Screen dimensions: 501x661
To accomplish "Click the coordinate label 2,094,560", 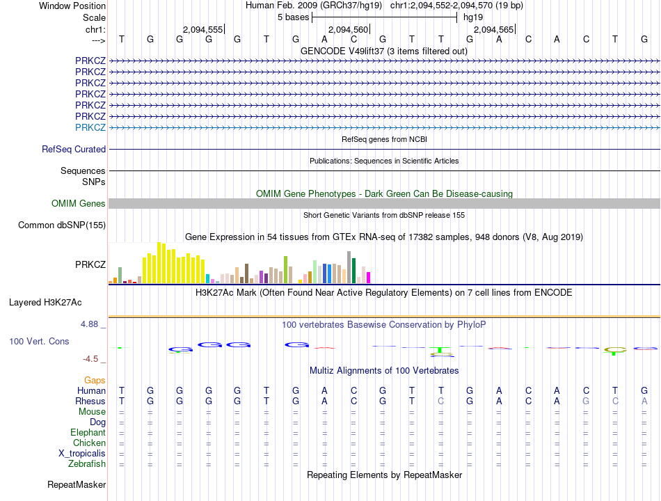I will (347, 30).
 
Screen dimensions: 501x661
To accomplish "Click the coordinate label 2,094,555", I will (202, 30).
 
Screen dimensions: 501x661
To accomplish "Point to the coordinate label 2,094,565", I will (493, 30).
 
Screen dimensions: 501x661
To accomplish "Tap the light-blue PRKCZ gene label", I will (90, 127).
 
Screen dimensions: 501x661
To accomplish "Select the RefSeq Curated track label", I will (74, 149).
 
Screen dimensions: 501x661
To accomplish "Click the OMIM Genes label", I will (79, 203).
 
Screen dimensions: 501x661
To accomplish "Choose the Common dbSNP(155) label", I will (62, 225).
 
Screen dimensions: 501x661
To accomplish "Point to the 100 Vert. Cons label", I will (39, 342).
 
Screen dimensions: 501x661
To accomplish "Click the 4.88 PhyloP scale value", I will (92, 324).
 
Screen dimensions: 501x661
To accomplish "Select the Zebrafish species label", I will (87, 463).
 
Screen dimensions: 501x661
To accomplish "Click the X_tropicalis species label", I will (82, 453).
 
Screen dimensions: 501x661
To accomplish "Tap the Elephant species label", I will (88, 432).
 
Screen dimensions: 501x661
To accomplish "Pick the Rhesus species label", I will (90, 401).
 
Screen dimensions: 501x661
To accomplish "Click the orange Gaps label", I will (95, 380).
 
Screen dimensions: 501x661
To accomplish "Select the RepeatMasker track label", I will (77, 484).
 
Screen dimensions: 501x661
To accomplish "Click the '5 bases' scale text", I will (293, 17).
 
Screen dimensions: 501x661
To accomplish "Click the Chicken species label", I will (89, 443).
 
